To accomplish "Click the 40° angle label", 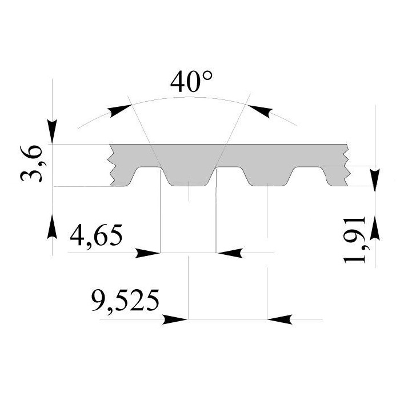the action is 191,82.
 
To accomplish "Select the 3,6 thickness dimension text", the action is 31,163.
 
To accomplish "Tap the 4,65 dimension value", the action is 96,235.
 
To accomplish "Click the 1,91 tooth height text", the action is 355,240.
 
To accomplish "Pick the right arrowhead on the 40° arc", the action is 259,110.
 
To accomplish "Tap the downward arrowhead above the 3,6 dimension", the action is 53,131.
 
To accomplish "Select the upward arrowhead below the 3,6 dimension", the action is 53,227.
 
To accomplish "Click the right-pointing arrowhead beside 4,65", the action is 147,253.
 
